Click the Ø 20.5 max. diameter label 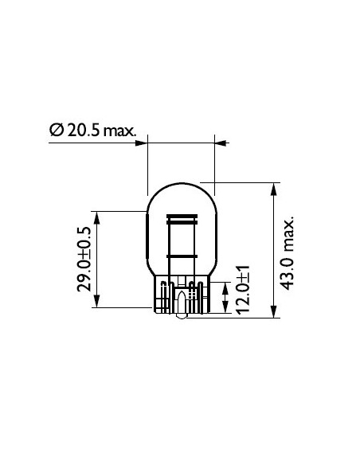[93, 129]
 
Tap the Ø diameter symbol [57, 129]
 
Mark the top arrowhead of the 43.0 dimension [274, 190]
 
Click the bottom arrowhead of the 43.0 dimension [274, 311]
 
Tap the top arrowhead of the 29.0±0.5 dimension [97, 217]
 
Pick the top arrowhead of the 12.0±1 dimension [225, 284]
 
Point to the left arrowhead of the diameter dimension [143, 143]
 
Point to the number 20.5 [82, 129]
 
